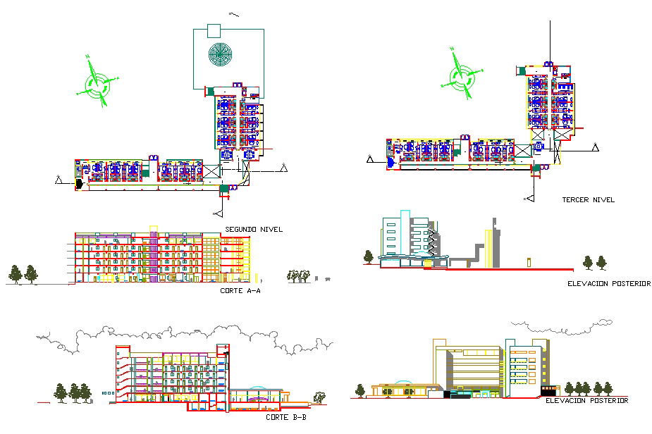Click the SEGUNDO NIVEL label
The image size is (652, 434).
click(254, 230)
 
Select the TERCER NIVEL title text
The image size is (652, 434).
click(588, 200)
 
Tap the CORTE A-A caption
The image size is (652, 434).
click(240, 290)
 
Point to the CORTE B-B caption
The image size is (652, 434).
click(285, 418)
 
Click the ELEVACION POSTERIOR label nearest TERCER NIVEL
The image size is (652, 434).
click(608, 284)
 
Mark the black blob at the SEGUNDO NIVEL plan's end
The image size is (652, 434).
click(79, 184)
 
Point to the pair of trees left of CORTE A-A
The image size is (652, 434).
click(23, 273)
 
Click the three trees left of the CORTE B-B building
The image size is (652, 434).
click(74, 392)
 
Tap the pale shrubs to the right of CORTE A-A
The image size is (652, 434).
click(299, 275)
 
